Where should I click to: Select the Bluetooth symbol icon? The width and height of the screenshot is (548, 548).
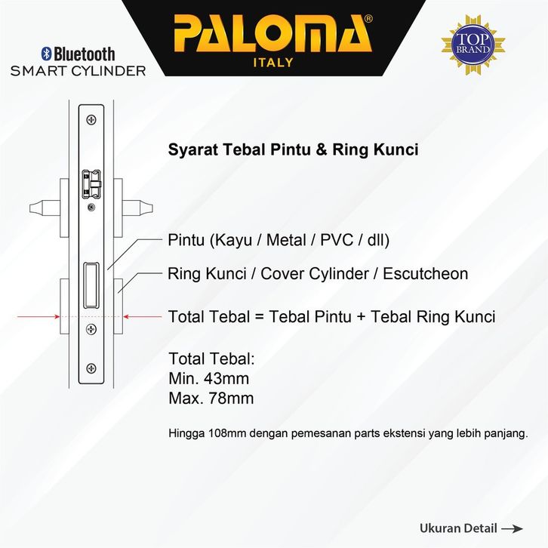(45, 54)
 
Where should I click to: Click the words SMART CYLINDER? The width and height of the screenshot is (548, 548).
(78, 71)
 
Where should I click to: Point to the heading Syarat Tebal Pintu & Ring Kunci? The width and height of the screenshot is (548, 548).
(292, 149)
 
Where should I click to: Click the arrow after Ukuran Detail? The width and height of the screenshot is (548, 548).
(513, 528)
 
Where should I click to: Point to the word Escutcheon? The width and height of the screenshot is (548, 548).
(425, 273)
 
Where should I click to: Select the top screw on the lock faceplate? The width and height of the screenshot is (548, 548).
(91, 119)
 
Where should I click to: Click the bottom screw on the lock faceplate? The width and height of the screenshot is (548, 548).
(91, 368)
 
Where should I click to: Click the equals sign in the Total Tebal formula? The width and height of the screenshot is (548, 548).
(258, 316)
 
